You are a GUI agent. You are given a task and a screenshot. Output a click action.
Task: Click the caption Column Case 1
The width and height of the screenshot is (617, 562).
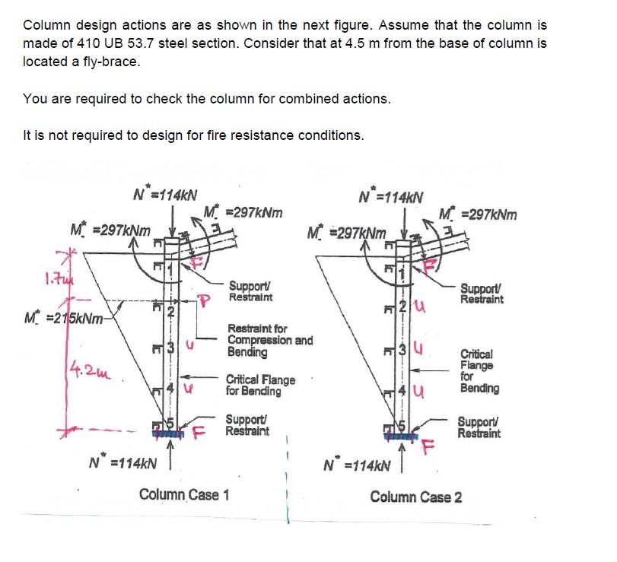[x=184, y=495]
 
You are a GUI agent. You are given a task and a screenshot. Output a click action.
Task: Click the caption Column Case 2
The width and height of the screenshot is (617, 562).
[x=415, y=497]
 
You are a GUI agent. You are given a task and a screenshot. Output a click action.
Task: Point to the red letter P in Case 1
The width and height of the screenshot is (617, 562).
[x=203, y=299]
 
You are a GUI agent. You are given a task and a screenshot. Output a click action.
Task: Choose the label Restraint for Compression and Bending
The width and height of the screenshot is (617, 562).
[x=269, y=341]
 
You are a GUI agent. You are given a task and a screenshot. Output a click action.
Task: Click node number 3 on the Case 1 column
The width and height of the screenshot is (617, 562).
[x=172, y=350]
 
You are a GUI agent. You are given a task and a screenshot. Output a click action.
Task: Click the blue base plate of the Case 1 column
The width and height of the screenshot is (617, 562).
[x=172, y=433]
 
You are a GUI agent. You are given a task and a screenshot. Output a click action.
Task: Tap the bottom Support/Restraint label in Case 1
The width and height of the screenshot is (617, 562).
[x=249, y=425]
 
